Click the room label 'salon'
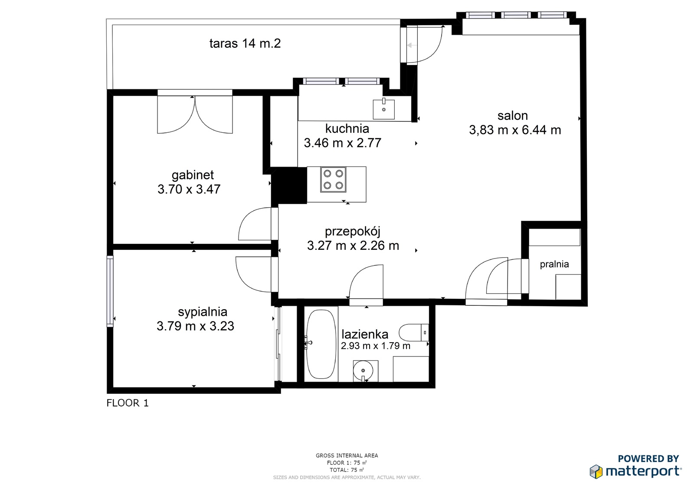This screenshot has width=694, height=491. [513, 115]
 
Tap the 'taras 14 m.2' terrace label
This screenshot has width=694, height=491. [245, 43]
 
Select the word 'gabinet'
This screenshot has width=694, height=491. [193, 175]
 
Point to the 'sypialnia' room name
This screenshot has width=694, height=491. [203, 312]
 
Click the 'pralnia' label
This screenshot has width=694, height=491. [554, 264]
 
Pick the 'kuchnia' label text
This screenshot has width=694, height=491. [347, 128]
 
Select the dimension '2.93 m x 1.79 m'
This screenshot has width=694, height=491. [376, 346]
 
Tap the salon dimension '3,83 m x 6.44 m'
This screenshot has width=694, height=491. [515, 130]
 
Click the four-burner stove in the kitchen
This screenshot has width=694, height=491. [334, 180]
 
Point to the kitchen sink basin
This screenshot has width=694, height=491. [383, 109]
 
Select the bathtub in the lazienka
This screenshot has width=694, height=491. [321, 344]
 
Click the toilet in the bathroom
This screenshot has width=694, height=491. [414, 333]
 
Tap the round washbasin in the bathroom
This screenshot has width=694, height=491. [363, 370]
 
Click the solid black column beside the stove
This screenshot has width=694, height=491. [289, 185]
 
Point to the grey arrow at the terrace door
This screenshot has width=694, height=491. [412, 45]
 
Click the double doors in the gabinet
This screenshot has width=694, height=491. [195, 115]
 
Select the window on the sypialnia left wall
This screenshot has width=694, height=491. [110, 291]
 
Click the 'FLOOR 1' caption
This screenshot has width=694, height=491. [128, 403]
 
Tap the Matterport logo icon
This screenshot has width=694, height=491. [596, 471]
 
